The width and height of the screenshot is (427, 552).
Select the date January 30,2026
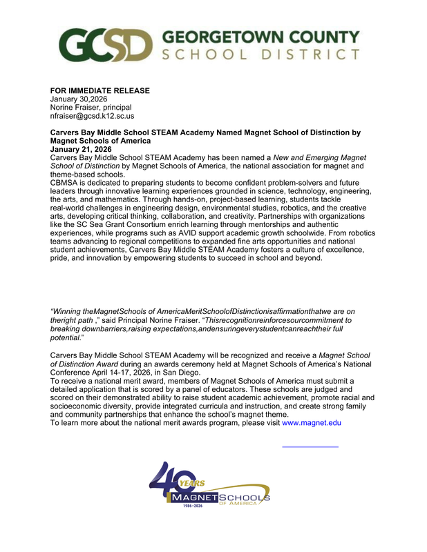[x=79, y=99]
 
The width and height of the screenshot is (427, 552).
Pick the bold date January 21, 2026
[x=82, y=149]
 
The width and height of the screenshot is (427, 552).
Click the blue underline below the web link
[x=310, y=446]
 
